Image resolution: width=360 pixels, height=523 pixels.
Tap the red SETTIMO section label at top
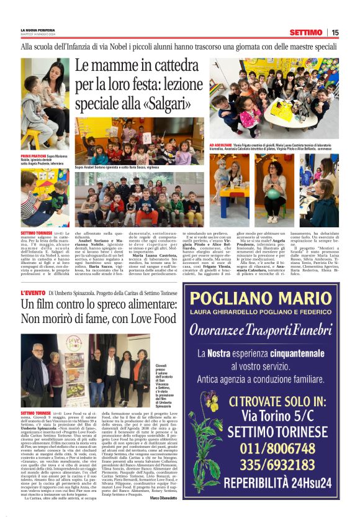click(x=305, y=32)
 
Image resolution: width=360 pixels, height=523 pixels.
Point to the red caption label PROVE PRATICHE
click(x=34, y=158)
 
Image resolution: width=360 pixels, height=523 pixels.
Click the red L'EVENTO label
click(x=33, y=292)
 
